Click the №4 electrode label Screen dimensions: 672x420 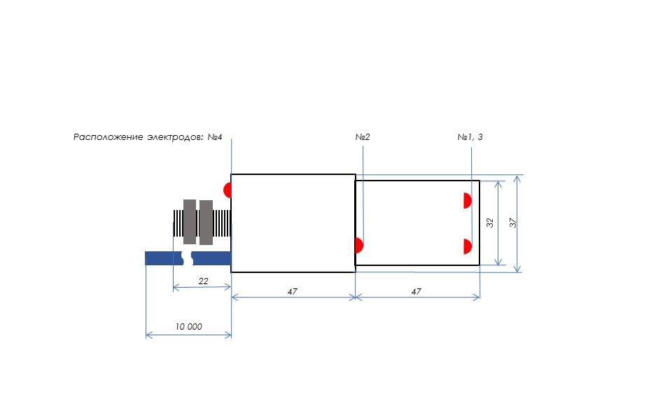(215, 137)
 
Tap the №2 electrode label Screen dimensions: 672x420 (363, 137)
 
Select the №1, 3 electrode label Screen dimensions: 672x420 (470, 137)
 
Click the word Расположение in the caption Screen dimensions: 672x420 (108, 137)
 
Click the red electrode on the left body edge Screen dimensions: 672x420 (227, 190)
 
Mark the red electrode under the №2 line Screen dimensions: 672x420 (359, 246)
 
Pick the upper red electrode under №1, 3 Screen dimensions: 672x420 (468, 201)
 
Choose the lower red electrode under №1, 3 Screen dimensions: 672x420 (468, 246)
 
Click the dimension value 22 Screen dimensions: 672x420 (203, 281)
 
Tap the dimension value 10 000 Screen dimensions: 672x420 (188, 327)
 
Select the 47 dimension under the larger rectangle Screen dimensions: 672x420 (293, 291)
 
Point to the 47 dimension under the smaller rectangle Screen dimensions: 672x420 (416, 291)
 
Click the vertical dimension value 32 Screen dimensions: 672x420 (490, 223)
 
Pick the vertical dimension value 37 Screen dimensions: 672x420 (513, 223)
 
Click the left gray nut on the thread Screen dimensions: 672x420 (190, 222)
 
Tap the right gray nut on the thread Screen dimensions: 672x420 (206, 223)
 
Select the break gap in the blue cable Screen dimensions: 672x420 (187, 258)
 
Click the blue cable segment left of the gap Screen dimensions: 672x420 (164, 258)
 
